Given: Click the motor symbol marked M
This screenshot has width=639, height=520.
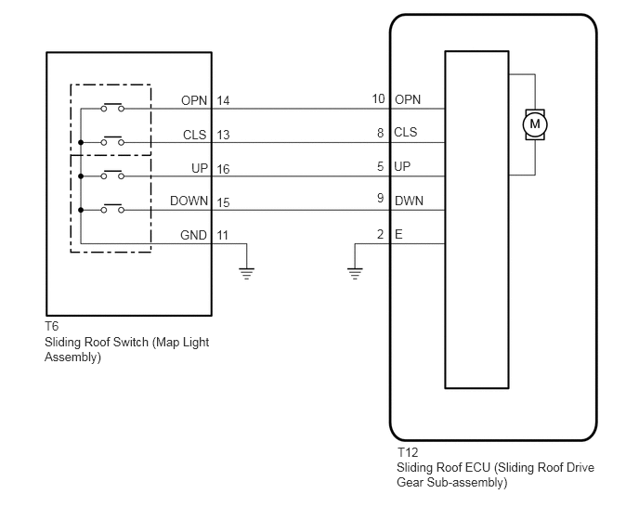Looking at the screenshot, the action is click(535, 124).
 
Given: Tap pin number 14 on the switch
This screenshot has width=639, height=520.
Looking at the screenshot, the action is click(223, 100).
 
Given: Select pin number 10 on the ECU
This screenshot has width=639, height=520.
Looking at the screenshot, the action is click(378, 98).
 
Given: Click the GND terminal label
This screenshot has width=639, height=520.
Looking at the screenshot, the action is click(193, 235).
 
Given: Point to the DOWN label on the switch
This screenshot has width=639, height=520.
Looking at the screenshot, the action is click(189, 201).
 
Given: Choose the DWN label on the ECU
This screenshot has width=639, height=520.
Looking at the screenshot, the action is click(410, 201).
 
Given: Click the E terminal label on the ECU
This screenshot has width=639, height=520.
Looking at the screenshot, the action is click(398, 234).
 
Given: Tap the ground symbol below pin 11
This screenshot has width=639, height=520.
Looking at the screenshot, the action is click(246, 273).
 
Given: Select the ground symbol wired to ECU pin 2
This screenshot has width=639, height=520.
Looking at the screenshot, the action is click(355, 273).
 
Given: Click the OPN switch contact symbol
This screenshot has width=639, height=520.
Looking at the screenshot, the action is click(112, 107).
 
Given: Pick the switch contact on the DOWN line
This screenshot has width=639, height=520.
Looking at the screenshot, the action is click(112, 208).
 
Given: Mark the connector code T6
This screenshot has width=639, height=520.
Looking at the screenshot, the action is click(52, 327).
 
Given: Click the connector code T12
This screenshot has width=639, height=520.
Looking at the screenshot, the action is click(408, 452).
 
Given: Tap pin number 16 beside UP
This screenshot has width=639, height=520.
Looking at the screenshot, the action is click(223, 169).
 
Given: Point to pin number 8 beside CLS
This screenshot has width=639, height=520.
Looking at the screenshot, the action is click(380, 133).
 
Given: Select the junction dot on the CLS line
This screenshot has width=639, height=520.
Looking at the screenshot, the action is click(81, 143).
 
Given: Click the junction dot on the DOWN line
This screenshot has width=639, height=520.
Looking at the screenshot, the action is click(81, 210).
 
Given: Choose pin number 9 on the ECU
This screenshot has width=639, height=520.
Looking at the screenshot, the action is click(380, 198).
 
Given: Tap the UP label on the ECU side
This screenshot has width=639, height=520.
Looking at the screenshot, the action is click(402, 166).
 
